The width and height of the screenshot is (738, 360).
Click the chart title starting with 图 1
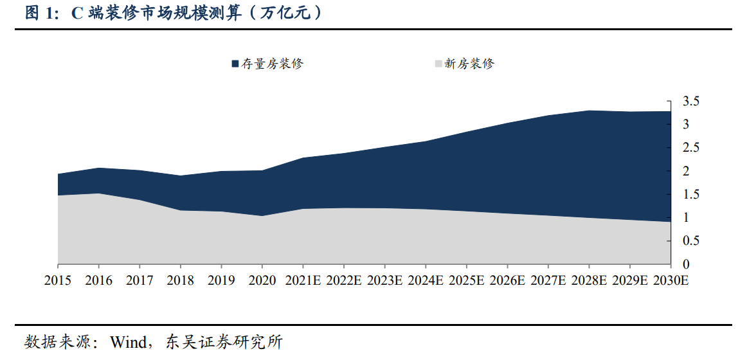(x=174, y=14)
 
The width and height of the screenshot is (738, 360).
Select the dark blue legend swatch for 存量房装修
(x=235, y=64)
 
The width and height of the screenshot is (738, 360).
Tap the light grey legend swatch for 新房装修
(x=439, y=64)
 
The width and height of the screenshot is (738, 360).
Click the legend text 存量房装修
(x=272, y=64)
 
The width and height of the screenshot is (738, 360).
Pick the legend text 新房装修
(x=470, y=64)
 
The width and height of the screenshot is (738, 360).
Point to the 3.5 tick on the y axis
(x=690, y=101)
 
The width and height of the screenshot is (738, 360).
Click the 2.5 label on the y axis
(x=690, y=148)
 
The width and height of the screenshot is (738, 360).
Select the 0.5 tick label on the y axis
(x=690, y=241)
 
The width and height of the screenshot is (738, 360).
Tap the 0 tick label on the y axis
(x=686, y=264)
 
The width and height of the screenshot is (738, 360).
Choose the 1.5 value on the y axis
(x=690, y=195)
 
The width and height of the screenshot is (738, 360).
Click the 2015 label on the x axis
(x=58, y=281)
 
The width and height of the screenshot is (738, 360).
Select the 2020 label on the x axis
(x=262, y=281)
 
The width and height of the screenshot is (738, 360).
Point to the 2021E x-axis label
(x=303, y=281)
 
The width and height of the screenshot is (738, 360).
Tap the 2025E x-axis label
(x=467, y=281)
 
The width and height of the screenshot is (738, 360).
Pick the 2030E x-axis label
(x=670, y=281)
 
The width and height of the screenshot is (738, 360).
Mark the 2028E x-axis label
(x=589, y=281)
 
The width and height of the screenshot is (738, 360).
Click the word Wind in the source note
(x=129, y=341)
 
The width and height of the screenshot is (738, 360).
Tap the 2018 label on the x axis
(x=181, y=281)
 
